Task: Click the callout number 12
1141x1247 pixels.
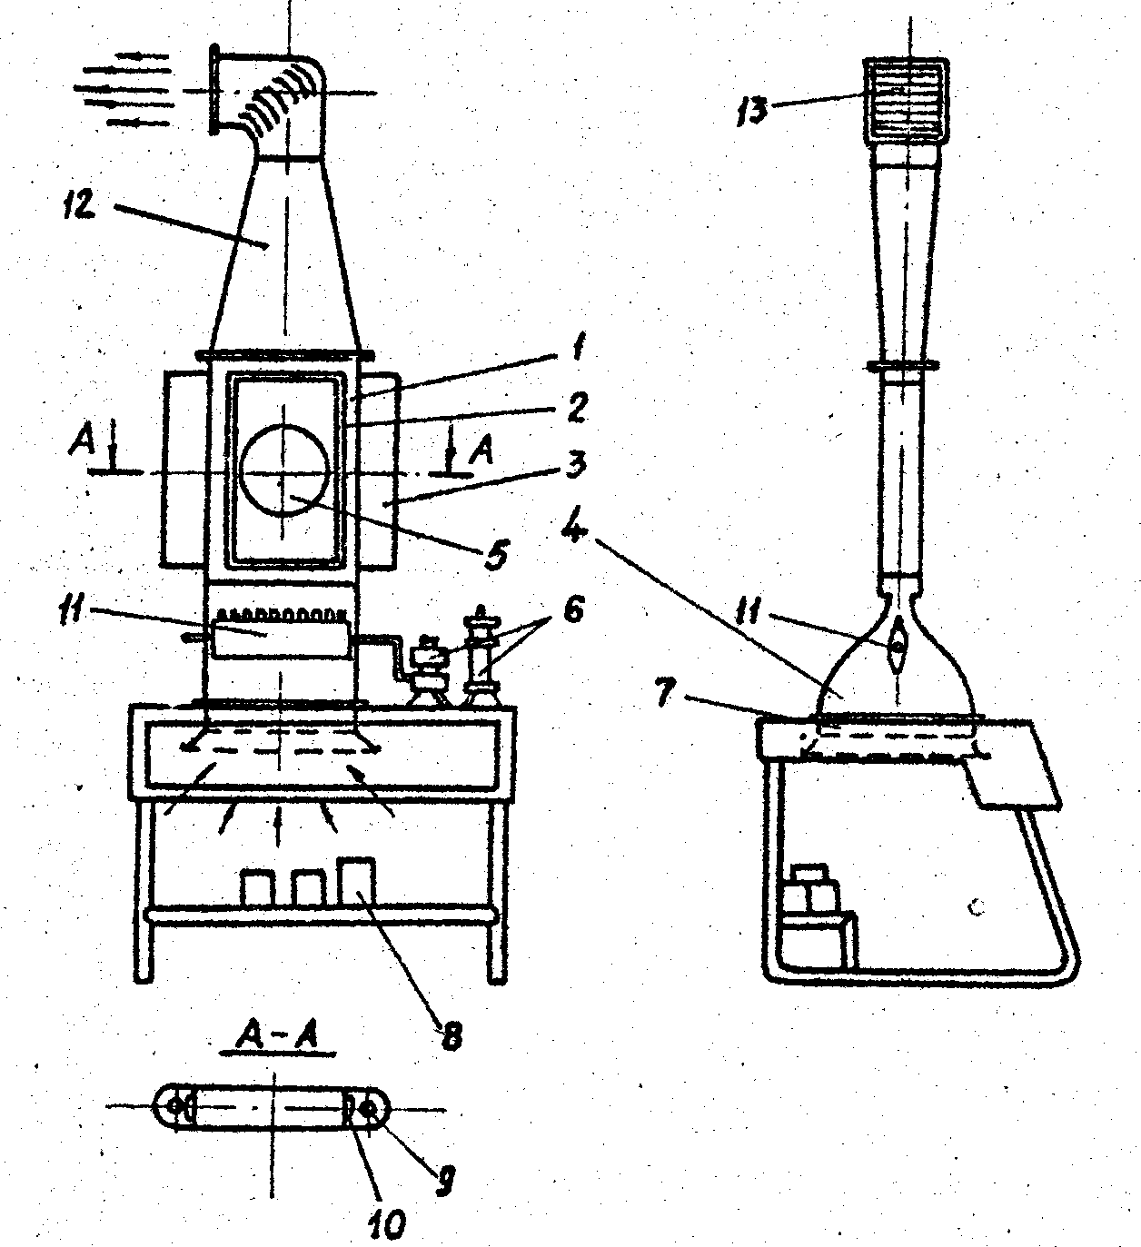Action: pos(78,205)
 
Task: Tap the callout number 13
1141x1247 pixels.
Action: pos(751,111)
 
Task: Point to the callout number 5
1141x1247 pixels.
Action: pos(496,555)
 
